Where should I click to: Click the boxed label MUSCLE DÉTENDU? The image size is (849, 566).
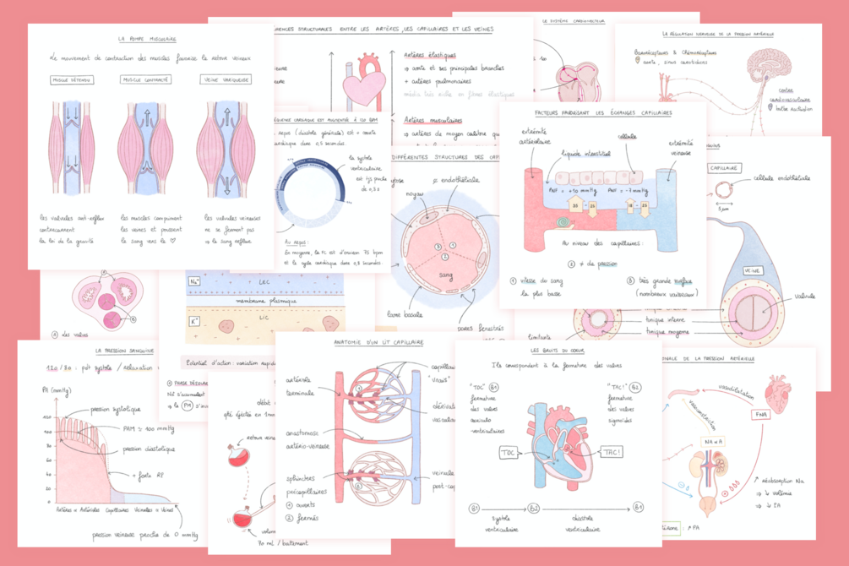click(x=72, y=80)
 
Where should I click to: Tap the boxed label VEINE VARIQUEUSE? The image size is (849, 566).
click(x=226, y=80)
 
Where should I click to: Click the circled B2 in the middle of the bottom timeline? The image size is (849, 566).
click(x=533, y=508)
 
